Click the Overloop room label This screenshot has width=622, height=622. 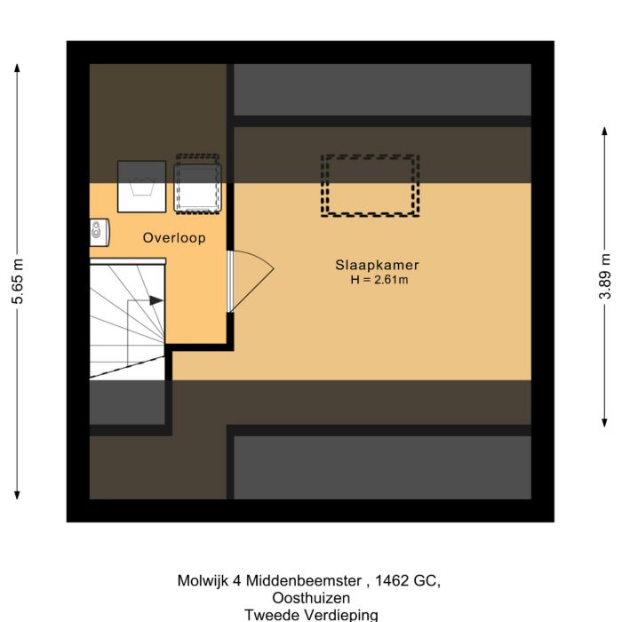pos(174,238)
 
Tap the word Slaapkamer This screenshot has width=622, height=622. pos(377,265)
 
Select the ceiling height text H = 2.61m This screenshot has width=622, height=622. pos(379,280)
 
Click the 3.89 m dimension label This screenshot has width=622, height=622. pos(605,276)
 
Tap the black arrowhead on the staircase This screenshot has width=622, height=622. pos(155,301)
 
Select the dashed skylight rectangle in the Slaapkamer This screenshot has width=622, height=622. pos(370,185)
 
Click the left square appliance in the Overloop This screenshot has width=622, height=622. pos(142,187)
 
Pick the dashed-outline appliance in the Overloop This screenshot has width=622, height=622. pos(197,184)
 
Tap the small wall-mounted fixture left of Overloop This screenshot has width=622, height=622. pos(98,233)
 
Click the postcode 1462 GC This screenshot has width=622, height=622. pos(408,581)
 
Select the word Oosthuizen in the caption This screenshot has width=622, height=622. pos(311,598)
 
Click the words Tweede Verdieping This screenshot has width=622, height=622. pos(311,614)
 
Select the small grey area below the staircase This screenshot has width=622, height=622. pos(127,402)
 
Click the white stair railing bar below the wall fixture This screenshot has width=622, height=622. pos(128,261)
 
